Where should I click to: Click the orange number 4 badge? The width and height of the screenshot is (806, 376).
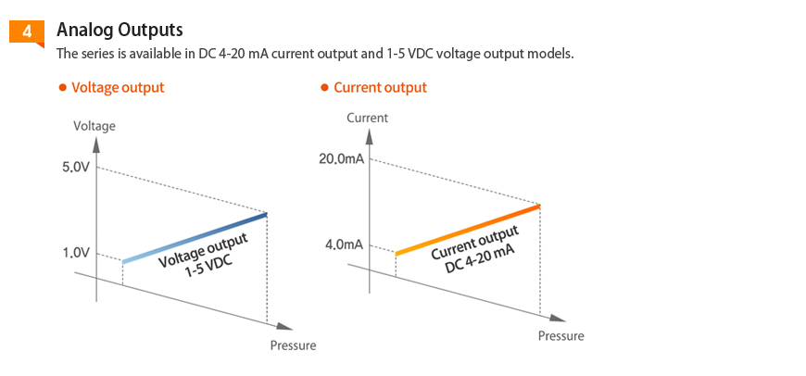[x=26, y=31]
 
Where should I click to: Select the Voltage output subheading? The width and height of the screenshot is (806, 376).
[x=118, y=88]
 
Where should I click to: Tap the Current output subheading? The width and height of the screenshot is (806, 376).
[x=380, y=88]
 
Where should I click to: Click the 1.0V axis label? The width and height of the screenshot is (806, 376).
[x=76, y=252]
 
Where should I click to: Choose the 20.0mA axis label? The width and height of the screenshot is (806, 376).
[x=341, y=159]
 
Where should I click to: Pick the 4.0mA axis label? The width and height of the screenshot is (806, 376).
[x=344, y=245]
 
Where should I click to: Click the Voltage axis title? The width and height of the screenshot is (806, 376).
[x=94, y=126]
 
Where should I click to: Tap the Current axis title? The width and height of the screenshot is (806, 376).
[x=367, y=118]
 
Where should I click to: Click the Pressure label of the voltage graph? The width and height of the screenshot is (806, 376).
[x=293, y=345]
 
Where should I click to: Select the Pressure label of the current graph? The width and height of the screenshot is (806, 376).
[x=561, y=336]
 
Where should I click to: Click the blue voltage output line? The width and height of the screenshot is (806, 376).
[x=195, y=238]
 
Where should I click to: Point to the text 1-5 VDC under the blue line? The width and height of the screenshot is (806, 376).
[x=209, y=269]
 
